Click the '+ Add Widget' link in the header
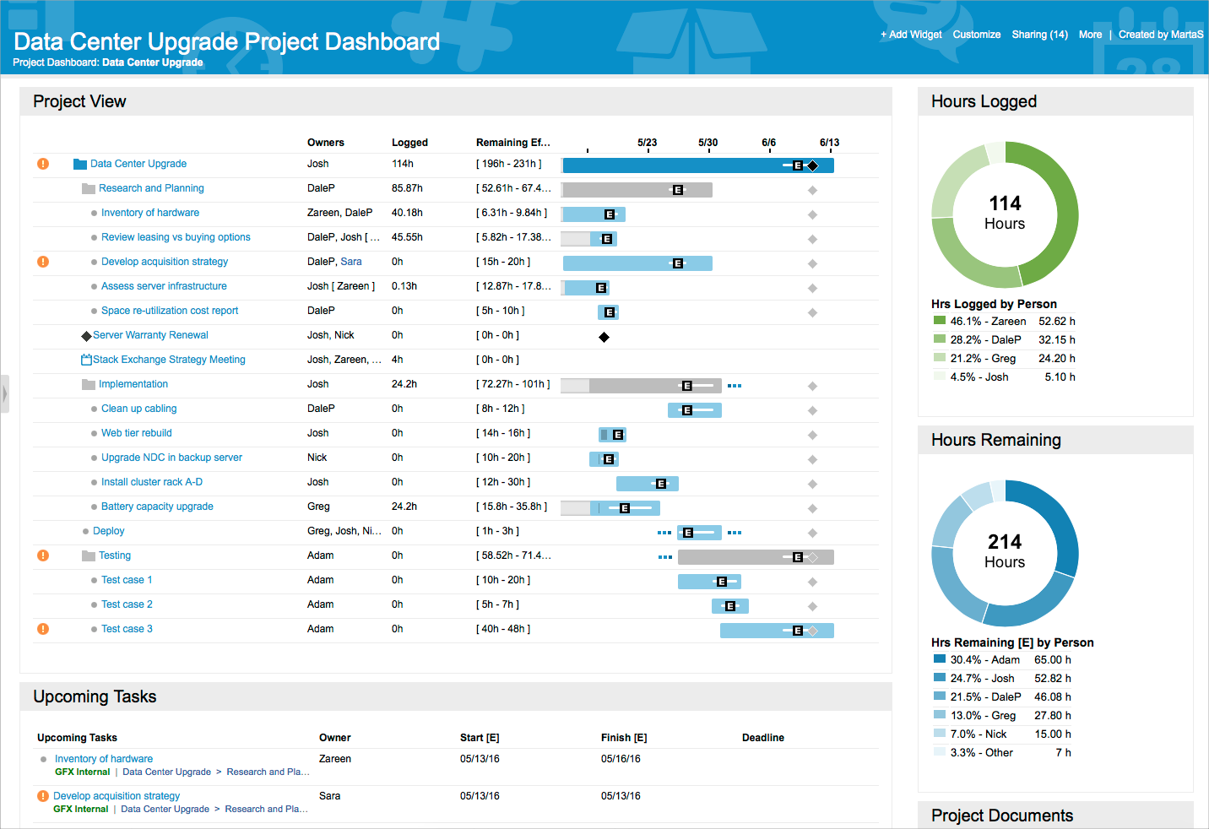click(911, 35)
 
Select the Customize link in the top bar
click(976, 35)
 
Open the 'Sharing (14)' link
click(1039, 35)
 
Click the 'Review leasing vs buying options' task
click(176, 237)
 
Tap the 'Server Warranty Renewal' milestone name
click(150, 335)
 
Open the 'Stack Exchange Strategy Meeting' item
click(169, 360)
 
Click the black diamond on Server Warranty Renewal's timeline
click(604, 338)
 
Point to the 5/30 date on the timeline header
click(708, 143)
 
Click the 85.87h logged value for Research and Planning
click(407, 188)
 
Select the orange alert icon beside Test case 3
click(43, 629)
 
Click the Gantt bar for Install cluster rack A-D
click(647, 484)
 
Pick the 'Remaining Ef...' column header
click(512, 143)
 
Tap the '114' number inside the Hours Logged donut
click(1005, 203)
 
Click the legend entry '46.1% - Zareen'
click(988, 322)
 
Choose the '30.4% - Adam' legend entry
click(984, 660)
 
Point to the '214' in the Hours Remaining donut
click(1005, 542)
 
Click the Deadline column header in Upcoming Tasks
click(762, 738)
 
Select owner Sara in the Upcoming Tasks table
click(329, 796)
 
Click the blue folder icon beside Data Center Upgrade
click(80, 164)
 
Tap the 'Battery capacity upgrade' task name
click(157, 507)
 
